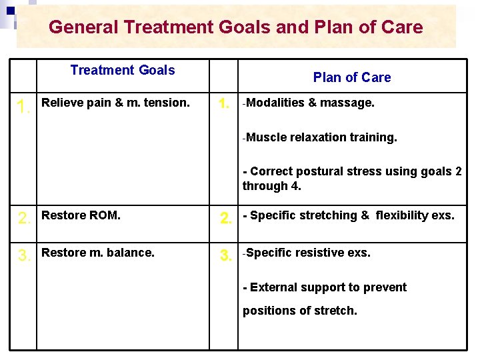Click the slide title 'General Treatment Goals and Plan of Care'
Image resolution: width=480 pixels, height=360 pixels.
pos(235,27)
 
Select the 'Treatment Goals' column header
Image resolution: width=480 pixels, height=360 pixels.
pos(123,71)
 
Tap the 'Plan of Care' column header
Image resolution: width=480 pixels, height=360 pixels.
pos(352,77)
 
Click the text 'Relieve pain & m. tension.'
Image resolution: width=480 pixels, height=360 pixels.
pos(115,103)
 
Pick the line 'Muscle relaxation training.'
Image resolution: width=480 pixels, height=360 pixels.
pos(320,137)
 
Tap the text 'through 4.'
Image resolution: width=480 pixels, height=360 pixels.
pos(272,186)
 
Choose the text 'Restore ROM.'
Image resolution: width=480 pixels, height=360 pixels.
pos(81,215)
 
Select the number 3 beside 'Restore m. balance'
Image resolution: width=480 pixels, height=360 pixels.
pos(23,256)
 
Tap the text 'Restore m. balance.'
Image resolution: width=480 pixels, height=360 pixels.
pos(97,253)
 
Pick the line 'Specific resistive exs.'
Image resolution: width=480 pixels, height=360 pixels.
pos(307,253)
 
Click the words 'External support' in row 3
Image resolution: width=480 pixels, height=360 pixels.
pos(294,287)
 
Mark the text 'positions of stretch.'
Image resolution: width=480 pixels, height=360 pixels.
pos(300,311)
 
